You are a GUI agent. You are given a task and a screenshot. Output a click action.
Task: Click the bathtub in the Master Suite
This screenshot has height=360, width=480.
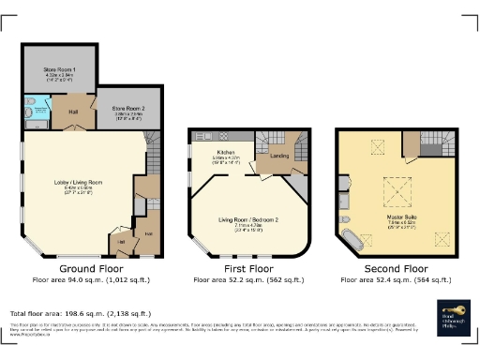(352, 239)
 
